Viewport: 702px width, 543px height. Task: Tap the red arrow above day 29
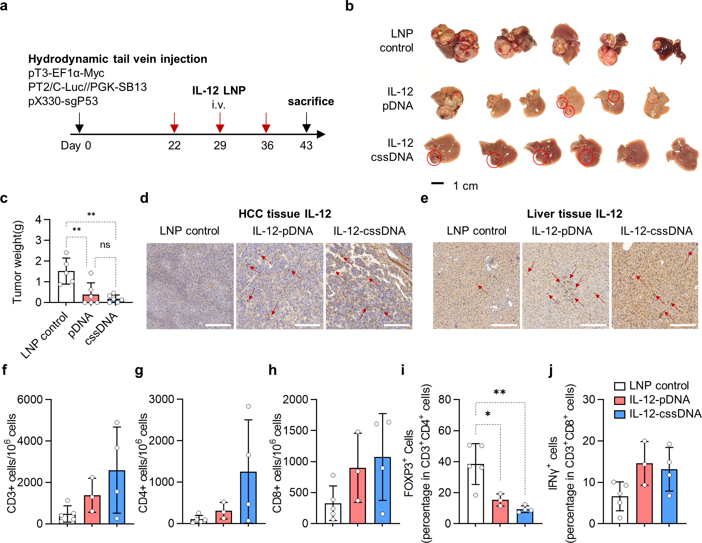click(220, 123)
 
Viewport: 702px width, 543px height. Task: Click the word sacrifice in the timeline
click(311, 102)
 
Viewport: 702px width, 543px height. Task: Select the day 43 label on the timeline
click(306, 146)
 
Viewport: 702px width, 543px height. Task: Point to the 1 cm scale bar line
click(437, 183)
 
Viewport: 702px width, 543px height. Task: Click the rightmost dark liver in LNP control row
click(669, 50)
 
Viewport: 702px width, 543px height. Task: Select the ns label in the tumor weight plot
click(105, 245)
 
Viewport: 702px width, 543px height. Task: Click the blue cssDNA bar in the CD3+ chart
click(117, 497)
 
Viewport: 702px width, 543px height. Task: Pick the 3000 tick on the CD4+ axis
click(162, 399)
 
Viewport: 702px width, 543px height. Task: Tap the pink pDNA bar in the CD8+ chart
click(358, 496)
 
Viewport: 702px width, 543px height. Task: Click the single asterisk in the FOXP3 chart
click(488, 414)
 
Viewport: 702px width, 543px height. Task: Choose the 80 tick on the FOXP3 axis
click(445, 400)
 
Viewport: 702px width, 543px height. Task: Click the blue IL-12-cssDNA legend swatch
click(620, 414)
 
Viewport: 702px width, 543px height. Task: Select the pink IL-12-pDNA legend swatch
click(620, 400)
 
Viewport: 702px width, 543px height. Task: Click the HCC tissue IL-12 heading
click(285, 214)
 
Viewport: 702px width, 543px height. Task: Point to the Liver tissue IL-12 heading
click(574, 214)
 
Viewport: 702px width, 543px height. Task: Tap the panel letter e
click(424, 199)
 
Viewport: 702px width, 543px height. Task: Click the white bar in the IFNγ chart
click(620, 510)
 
